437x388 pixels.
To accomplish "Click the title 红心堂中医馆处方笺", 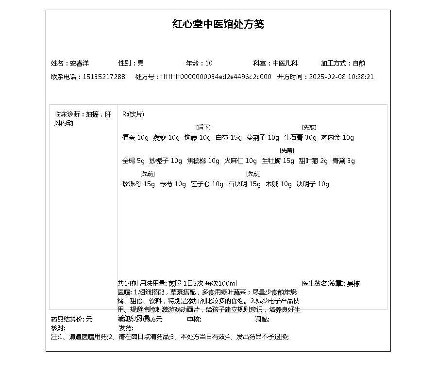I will [218, 24].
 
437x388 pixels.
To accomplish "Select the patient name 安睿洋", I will [80, 64].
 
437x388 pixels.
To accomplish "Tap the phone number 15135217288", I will [104, 77].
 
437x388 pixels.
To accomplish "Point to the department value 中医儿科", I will [285, 64].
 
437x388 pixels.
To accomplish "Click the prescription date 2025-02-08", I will [326, 77].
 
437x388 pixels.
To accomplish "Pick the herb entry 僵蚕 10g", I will [135, 138].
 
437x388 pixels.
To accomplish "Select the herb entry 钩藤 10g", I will [197, 138].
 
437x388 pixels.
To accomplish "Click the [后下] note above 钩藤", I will [203, 127].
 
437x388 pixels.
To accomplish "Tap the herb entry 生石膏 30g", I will [300, 138].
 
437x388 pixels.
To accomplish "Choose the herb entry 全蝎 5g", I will [134, 161].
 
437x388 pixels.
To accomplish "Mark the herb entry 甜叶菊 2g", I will [313, 161].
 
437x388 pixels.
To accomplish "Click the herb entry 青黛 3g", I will [344, 161].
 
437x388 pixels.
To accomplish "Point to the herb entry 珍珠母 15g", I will [138, 184].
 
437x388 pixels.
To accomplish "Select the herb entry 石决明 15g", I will [244, 184].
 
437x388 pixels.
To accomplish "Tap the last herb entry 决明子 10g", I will [313, 184].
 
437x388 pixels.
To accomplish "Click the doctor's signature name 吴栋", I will [353, 284].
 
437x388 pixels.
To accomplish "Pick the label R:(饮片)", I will [133, 114].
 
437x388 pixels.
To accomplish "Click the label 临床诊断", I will [67, 114].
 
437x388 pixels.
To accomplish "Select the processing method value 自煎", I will [359, 64].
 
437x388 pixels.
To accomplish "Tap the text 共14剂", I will [128, 284].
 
